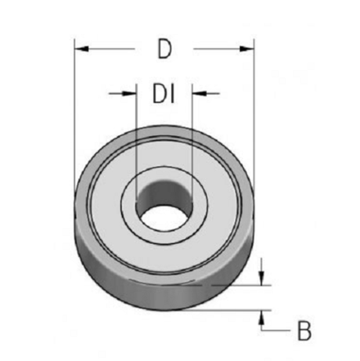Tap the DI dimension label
[164, 94]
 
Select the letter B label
[304, 332]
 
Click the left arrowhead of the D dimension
[79, 49]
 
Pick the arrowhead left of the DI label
[130, 94]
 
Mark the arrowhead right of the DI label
[197, 94]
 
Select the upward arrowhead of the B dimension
[262, 315]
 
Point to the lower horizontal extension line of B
[237, 310]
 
